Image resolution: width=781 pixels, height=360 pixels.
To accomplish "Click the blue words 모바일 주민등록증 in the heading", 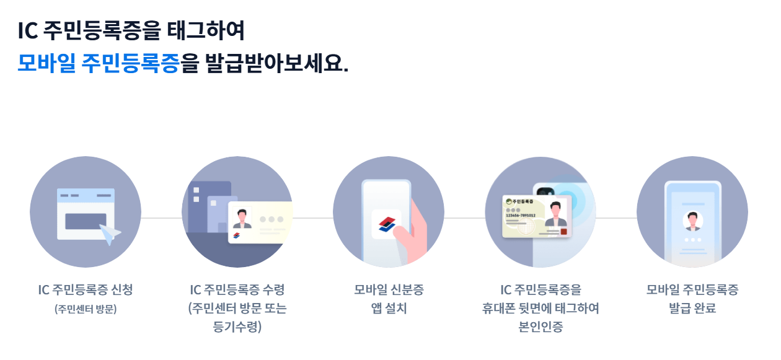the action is (x=99, y=63).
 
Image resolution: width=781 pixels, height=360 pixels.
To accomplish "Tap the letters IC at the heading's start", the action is (x=27, y=29).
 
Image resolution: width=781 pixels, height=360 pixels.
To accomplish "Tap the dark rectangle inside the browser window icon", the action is (x=86, y=221).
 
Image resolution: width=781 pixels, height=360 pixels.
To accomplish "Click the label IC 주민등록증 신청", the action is (x=86, y=289).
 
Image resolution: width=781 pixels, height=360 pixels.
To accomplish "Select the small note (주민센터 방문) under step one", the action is (x=86, y=309).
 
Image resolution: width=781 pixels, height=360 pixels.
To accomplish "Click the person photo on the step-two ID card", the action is (x=242, y=217).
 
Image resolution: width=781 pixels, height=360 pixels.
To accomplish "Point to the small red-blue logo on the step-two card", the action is (x=236, y=236).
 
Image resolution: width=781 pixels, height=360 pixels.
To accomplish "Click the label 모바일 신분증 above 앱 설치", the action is (x=389, y=289).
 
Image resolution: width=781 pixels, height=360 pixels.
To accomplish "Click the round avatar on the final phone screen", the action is (x=692, y=221).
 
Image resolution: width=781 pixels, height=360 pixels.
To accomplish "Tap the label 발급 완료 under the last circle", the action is (x=692, y=308).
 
